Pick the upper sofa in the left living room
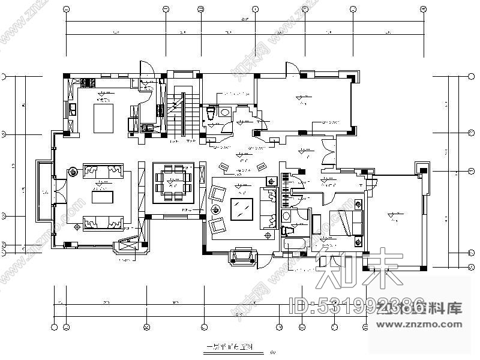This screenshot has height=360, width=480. [x=101, y=172]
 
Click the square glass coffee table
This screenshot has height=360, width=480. [x=241, y=208]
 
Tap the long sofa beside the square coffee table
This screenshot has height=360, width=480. [x=266, y=207]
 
